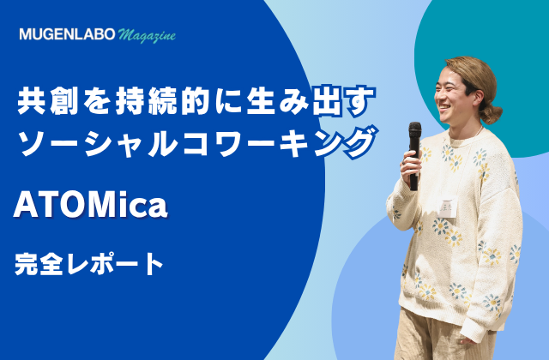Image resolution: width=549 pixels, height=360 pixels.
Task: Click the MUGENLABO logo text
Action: pos(67,34)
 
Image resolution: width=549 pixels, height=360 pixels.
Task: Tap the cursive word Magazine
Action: pos(147,35)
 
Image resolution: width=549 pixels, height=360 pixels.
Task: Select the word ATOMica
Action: pos(90,206)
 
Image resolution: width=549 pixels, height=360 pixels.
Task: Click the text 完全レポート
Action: pos(89,264)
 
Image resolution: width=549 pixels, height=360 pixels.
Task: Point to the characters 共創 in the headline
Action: pos(48,101)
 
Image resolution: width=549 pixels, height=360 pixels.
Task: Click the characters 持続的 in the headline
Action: pos(163,101)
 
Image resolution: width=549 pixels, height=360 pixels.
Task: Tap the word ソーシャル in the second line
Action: pos(99,142)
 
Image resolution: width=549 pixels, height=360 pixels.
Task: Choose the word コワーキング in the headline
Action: pos(280,142)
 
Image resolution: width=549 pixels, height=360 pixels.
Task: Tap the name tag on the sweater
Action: pos(449,207)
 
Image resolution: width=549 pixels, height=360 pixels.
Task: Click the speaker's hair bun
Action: pos(491,112)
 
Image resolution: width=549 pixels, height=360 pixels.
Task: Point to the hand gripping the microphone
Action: pos(411,167)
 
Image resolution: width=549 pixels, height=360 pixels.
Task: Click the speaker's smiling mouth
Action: pos(445,106)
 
